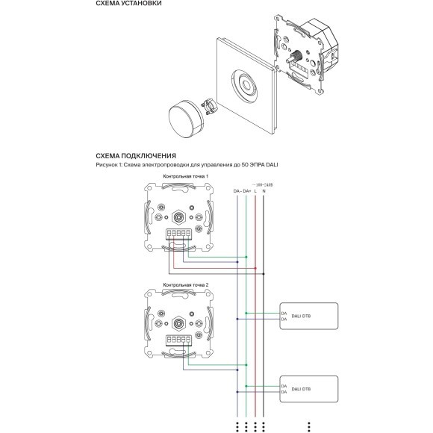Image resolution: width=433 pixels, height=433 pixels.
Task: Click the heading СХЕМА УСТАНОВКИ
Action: click(124, 6)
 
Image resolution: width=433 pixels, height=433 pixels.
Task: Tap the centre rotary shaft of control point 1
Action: click(180, 219)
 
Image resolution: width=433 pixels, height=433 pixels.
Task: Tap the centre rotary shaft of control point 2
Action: click(180, 324)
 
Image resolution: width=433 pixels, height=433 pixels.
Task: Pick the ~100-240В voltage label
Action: click(264, 184)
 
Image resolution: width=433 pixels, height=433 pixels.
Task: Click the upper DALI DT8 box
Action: click(308, 316)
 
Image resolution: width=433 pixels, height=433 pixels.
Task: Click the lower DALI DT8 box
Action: click(308, 390)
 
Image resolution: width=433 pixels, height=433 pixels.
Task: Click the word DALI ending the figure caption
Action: click(270, 165)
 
